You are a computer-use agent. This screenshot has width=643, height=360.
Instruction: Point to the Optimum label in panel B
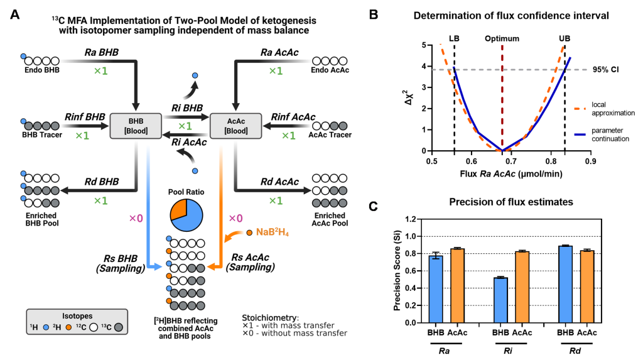502,38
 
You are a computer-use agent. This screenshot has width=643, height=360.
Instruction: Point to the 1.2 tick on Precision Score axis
413,219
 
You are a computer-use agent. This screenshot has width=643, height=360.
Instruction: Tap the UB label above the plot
565,38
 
